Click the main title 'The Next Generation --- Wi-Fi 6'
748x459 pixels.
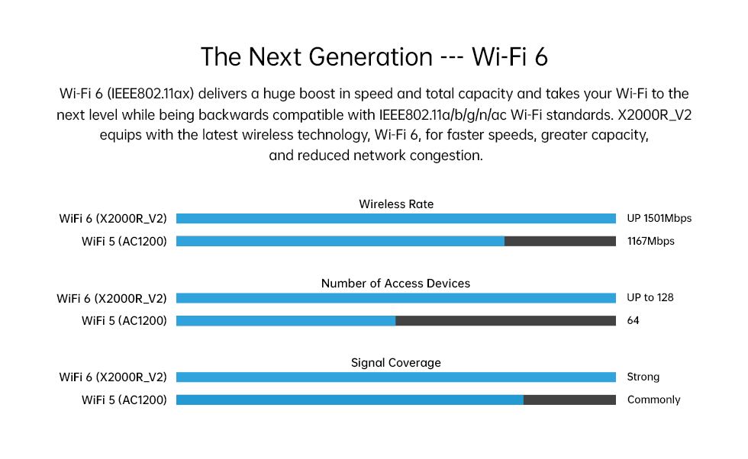[374, 56]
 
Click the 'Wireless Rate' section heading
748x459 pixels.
[396, 204]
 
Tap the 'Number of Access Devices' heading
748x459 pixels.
[395, 284]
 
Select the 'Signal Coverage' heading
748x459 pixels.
[396, 363]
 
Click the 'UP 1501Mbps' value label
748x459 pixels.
[659, 218]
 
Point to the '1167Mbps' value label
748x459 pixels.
[650, 241]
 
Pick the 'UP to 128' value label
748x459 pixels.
[650, 298]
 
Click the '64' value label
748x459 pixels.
[633, 321]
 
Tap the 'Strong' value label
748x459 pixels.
[643, 377]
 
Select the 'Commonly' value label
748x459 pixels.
[653, 400]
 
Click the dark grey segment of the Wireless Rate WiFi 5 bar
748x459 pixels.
[560, 241]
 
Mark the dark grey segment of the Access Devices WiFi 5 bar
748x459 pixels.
[505, 321]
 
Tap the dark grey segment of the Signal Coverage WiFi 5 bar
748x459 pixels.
[569, 400]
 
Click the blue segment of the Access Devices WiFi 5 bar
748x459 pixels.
[285, 321]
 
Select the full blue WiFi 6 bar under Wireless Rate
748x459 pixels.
[396, 218]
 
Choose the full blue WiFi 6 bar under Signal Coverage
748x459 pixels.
[396, 377]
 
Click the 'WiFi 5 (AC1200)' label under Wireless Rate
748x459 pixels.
[124, 242]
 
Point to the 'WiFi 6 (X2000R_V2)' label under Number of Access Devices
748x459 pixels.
[111, 299]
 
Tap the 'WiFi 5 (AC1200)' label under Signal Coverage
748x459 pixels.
[124, 400]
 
